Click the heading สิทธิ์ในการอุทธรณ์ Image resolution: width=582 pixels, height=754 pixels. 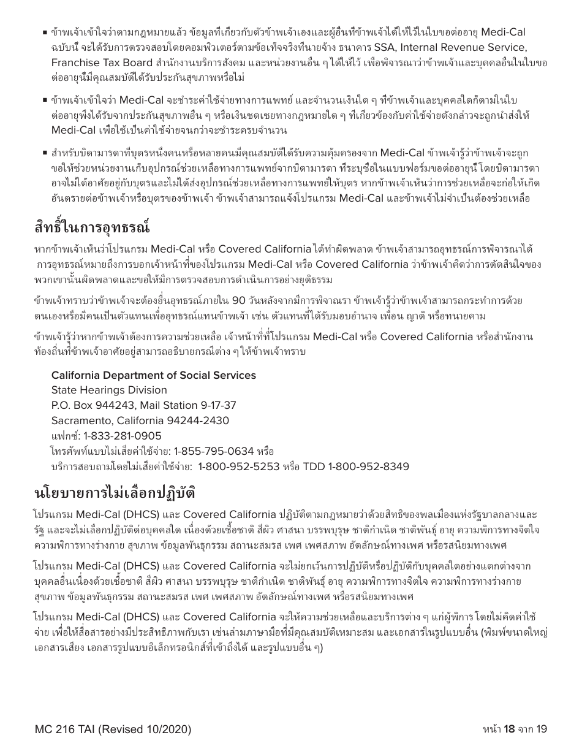point(92,227)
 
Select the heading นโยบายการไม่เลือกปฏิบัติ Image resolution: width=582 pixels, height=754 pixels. point(115,492)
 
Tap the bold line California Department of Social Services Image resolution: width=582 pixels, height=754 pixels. point(153,375)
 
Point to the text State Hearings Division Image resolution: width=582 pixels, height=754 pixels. point(109,390)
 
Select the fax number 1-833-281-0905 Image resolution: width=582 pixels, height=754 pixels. point(114,436)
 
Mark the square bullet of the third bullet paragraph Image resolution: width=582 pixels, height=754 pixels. point(45,153)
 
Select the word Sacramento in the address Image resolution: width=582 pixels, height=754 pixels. point(80,421)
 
